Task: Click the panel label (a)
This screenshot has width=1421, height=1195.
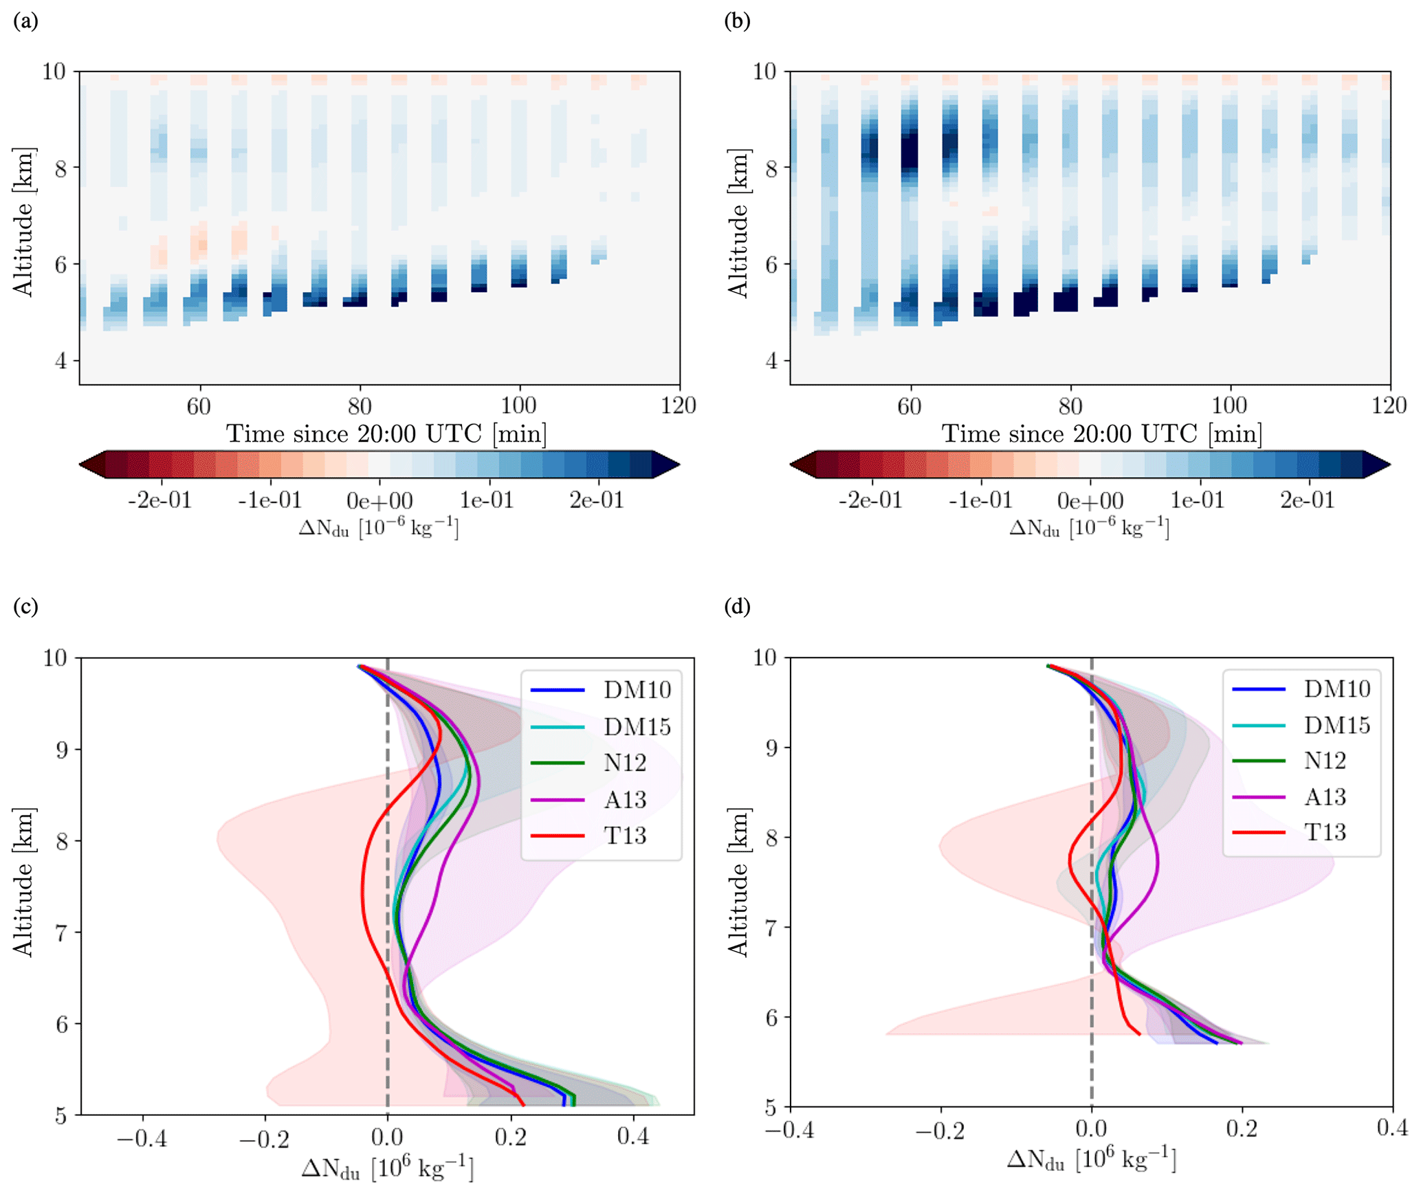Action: [25, 21]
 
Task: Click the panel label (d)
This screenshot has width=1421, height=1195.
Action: [737, 606]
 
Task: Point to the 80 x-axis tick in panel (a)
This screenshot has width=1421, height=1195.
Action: [359, 406]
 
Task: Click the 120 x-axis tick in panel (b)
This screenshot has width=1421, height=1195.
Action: [1389, 406]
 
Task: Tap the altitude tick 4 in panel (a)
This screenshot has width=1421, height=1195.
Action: [61, 361]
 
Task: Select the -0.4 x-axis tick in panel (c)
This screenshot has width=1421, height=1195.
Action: [142, 1139]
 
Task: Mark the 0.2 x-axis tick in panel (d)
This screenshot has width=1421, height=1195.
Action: [1242, 1129]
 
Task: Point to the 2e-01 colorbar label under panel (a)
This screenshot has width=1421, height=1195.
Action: [596, 500]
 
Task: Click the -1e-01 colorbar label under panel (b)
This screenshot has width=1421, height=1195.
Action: [980, 500]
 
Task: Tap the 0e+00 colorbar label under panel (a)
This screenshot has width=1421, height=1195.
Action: [379, 501]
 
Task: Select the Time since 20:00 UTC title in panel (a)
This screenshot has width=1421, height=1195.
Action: [386, 434]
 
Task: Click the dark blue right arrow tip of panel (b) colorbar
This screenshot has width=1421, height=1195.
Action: [1378, 465]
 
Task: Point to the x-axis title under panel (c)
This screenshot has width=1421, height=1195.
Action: [387, 1168]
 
